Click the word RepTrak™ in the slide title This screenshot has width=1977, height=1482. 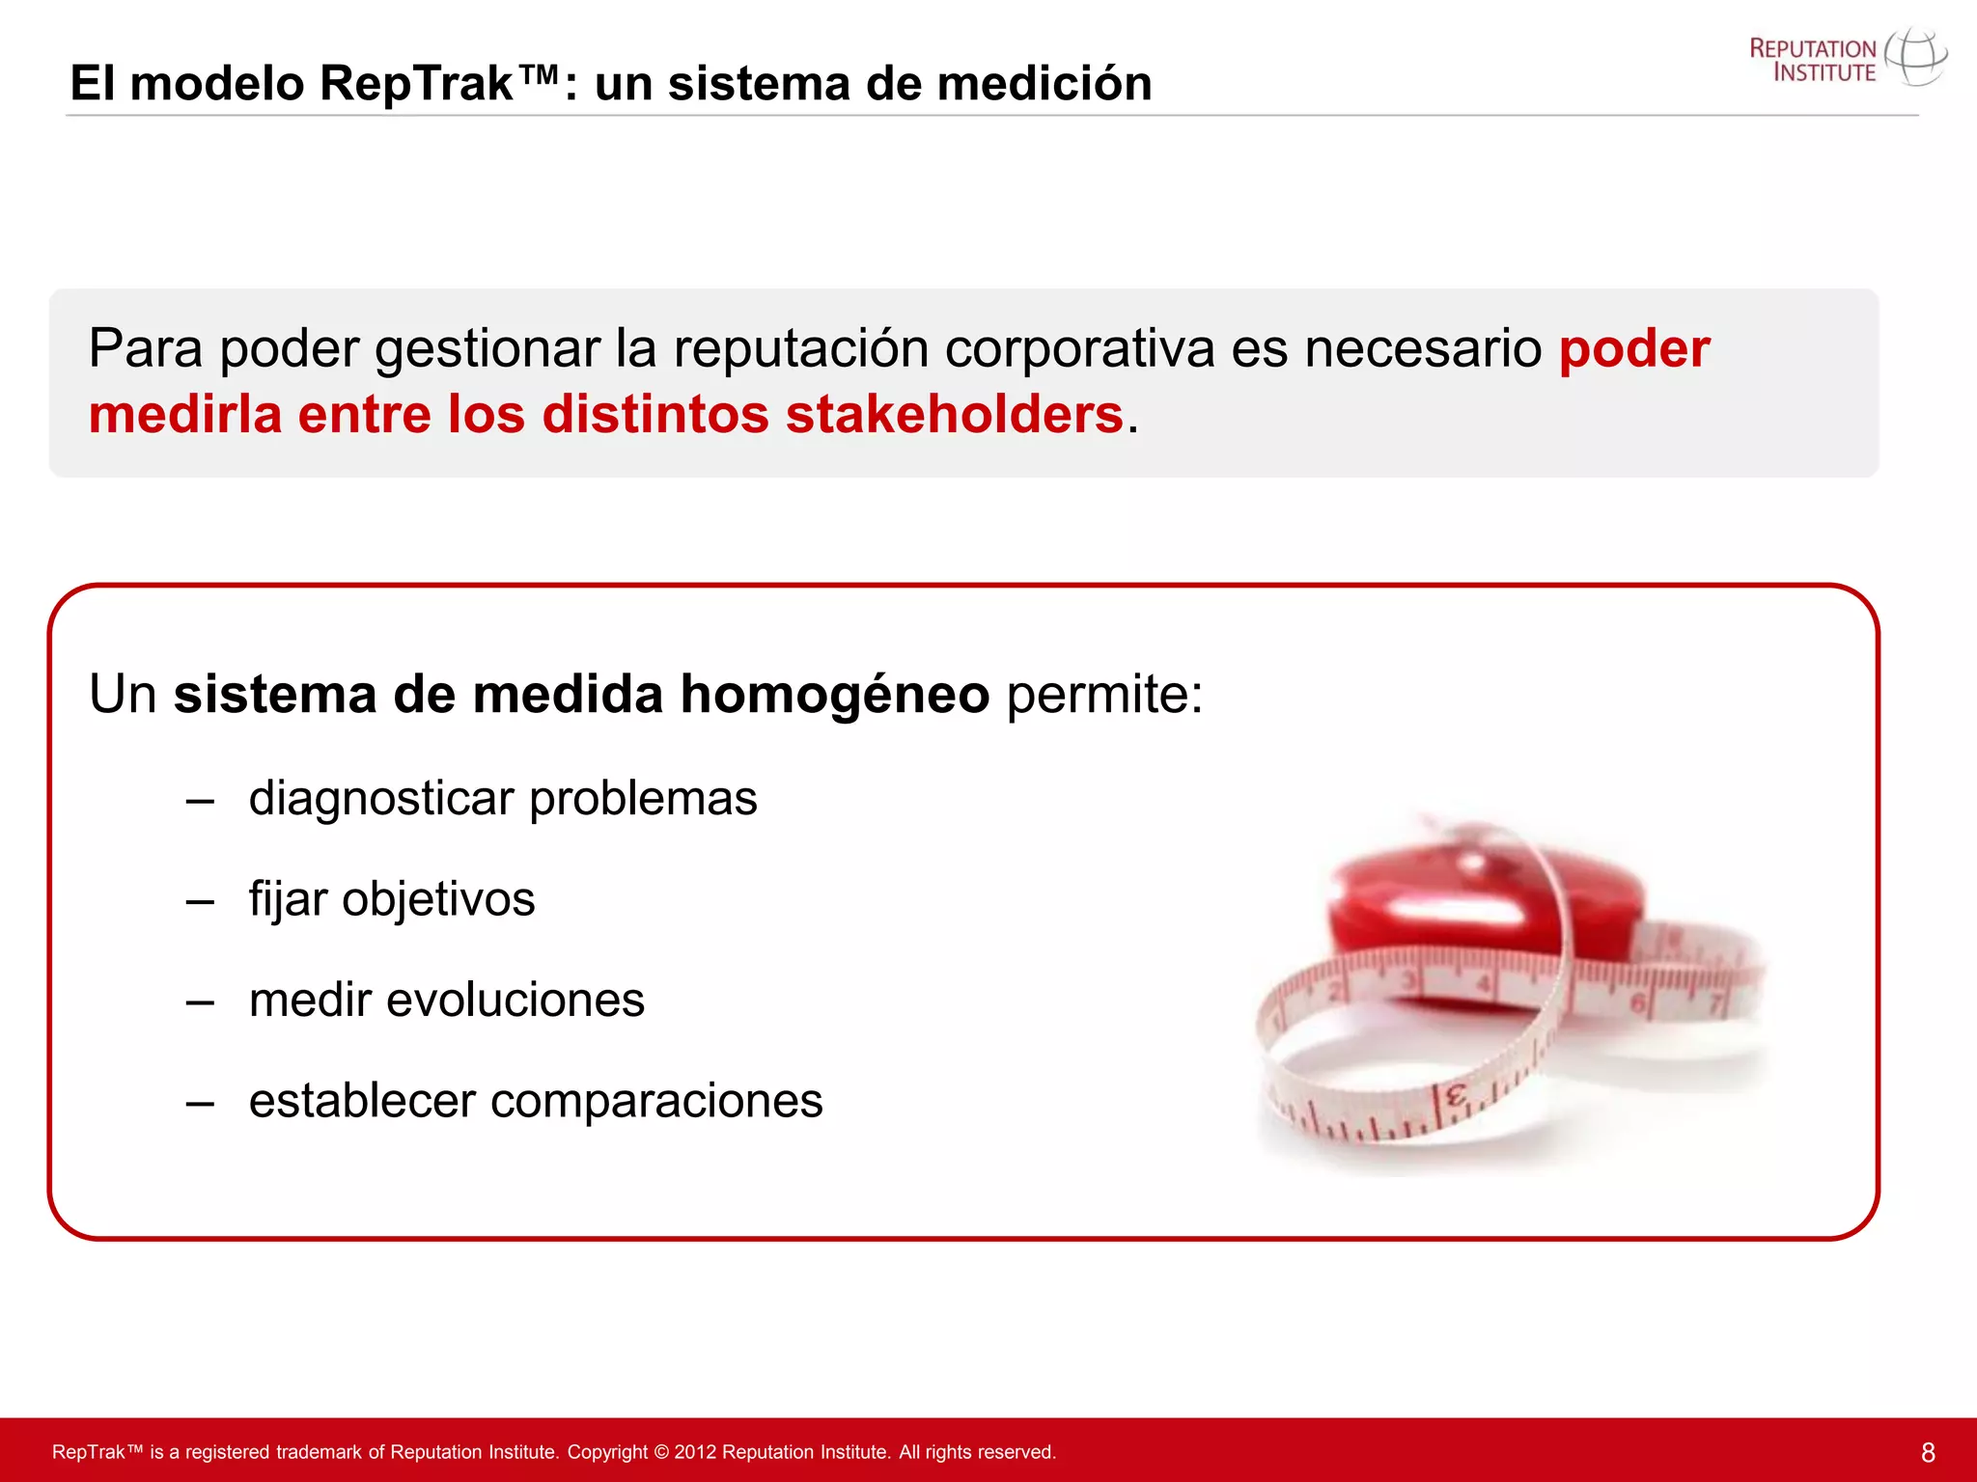pyautogui.click(x=439, y=83)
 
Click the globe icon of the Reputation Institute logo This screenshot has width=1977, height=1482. pyautogui.click(x=1915, y=57)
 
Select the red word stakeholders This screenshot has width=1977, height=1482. pyautogui.click(x=954, y=415)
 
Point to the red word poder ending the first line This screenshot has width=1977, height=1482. pyautogui.click(x=1634, y=348)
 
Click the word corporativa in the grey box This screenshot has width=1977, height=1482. pyautogui.click(x=1078, y=348)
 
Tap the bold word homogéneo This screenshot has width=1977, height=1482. pyautogui.click(x=834, y=694)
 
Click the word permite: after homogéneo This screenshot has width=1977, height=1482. pyautogui.click(x=1104, y=694)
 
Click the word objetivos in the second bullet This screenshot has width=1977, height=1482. pyautogui.click(x=437, y=899)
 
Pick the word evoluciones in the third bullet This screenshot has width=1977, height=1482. pyautogui.click(x=515, y=1000)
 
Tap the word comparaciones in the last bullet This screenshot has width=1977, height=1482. pyautogui.click(x=655, y=1101)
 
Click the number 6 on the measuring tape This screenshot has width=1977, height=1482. pyautogui.click(x=1638, y=1003)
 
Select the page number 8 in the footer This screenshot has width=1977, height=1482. pyautogui.click(x=1928, y=1452)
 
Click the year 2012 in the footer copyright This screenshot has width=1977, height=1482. pyautogui.click(x=695, y=1452)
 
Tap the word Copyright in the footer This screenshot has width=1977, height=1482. pyautogui.click(x=607, y=1452)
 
